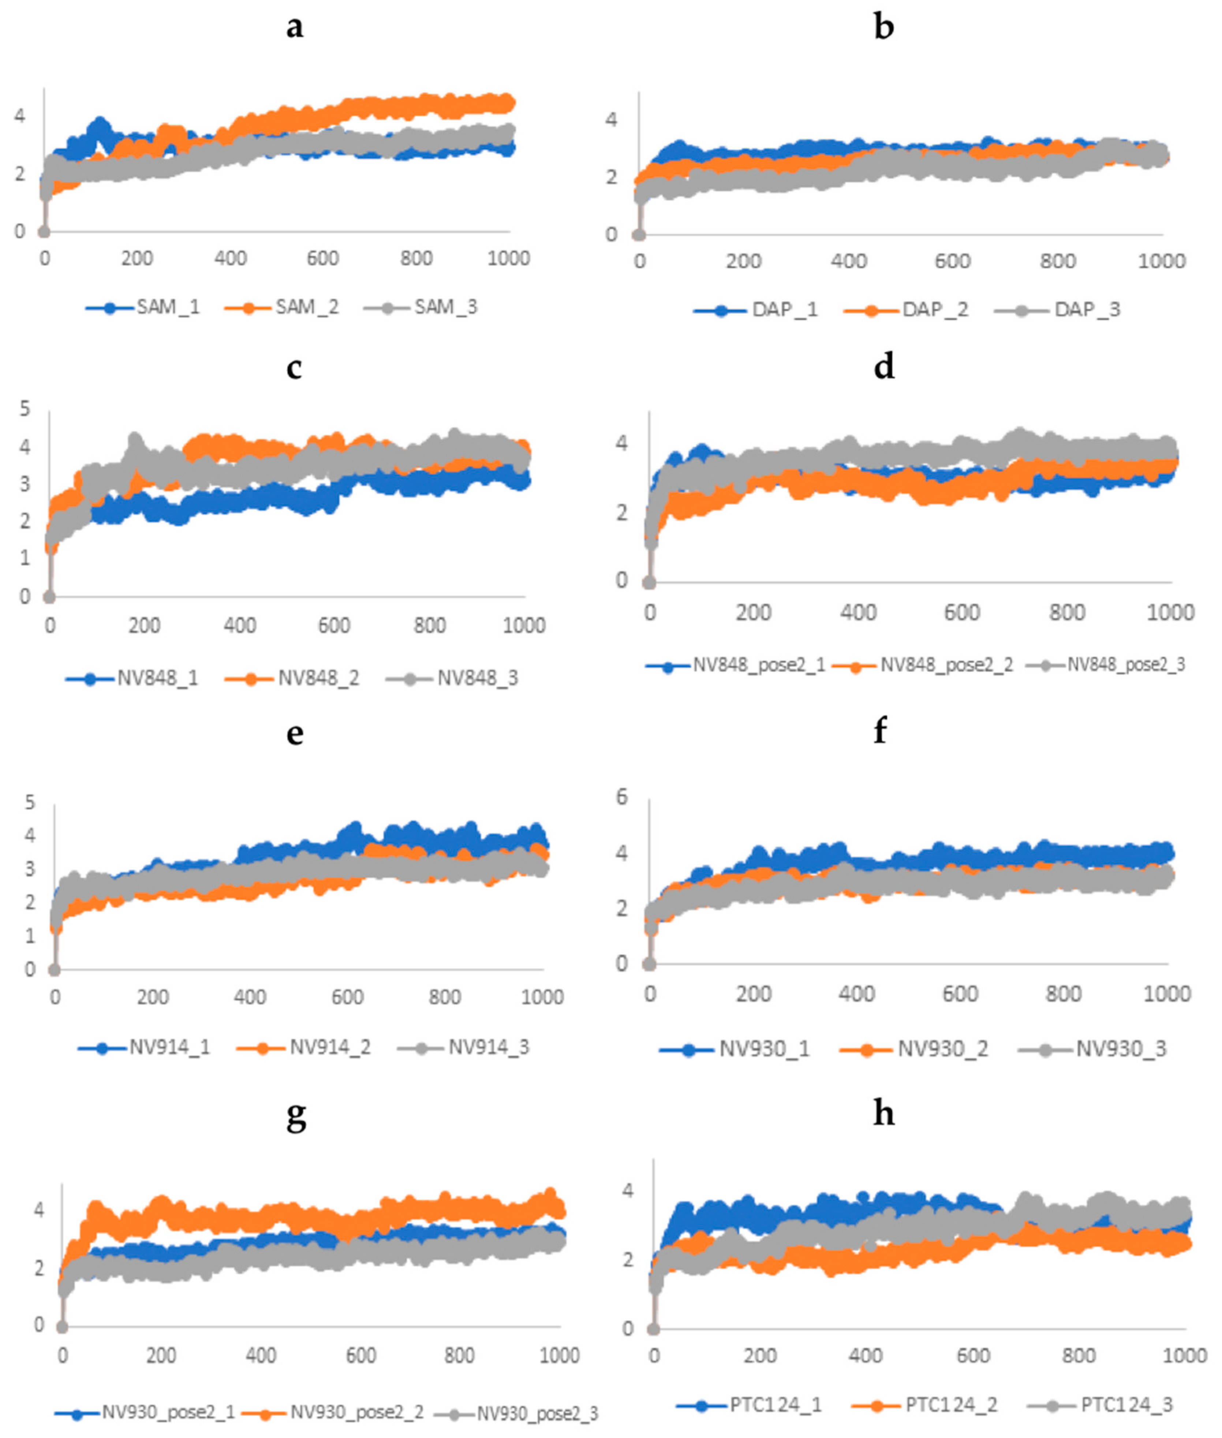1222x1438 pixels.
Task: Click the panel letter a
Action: (294, 28)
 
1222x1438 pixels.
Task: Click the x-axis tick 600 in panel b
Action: (953, 261)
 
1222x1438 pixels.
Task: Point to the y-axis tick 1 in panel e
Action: (30, 936)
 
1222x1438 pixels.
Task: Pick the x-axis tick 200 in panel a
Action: (137, 258)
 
